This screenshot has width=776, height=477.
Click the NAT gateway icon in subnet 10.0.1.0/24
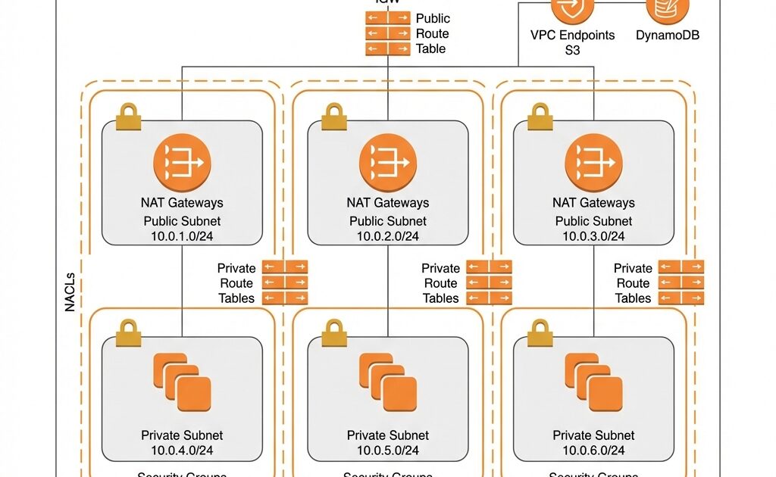[x=182, y=163]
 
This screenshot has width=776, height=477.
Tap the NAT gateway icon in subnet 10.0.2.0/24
[x=388, y=163]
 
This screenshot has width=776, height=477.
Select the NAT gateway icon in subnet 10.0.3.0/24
[x=593, y=163]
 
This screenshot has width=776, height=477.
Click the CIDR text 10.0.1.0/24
[x=182, y=236]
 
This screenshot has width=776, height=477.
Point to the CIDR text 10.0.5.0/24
[x=388, y=450]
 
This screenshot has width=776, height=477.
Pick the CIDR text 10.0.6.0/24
[x=593, y=450]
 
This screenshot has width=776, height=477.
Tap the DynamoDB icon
[x=668, y=9]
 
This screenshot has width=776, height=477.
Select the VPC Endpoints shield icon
[x=572, y=9]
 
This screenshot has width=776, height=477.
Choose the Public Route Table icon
[x=386, y=33]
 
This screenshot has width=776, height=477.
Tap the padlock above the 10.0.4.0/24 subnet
[x=128, y=332]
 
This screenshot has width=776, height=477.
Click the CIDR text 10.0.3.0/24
[x=593, y=236]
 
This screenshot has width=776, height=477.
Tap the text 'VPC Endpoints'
[x=572, y=35]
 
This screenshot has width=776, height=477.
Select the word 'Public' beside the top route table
[x=433, y=18]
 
